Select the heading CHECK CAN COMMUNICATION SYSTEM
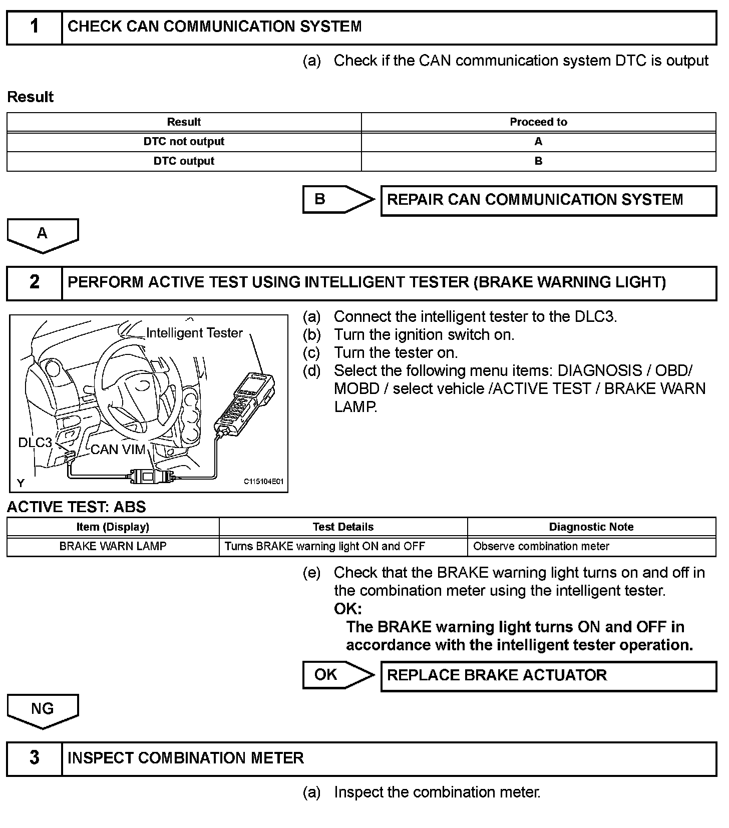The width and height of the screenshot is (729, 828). tap(214, 27)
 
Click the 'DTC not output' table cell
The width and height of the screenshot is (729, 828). tap(184, 142)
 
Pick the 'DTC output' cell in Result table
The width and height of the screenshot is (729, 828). tap(184, 161)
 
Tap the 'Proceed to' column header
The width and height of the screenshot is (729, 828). tap(538, 122)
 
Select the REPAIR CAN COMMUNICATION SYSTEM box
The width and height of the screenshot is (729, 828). tap(548, 200)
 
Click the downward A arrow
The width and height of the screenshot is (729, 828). tap(43, 235)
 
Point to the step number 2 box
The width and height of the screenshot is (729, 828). tap(34, 282)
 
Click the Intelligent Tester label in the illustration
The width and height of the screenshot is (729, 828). tap(194, 333)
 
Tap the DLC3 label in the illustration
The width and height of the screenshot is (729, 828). tap(35, 443)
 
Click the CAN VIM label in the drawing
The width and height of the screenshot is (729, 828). tap(118, 450)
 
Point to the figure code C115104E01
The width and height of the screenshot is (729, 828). tap(263, 482)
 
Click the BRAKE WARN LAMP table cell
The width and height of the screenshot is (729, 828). tap(113, 546)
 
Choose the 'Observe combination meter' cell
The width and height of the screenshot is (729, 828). tap(541, 546)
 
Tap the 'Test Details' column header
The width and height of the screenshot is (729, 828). tap(343, 527)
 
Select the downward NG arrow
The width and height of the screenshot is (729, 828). tap(43, 710)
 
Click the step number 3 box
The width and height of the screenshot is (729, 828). tap(34, 758)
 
